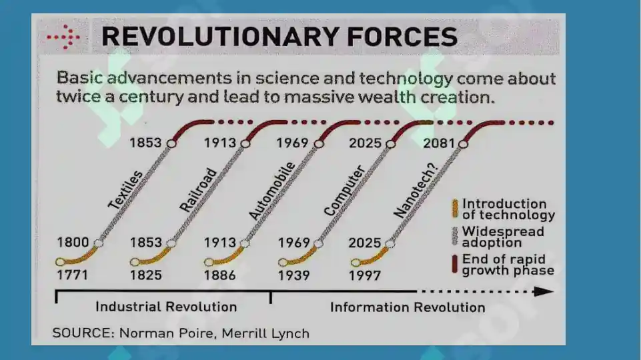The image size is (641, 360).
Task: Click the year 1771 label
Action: [72, 275]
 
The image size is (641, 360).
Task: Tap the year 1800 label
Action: [73, 242]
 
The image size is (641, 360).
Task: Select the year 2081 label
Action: [439, 143]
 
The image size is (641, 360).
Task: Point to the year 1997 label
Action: [365, 276]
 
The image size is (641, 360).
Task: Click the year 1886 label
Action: [220, 275]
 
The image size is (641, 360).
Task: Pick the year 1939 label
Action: [294, 276]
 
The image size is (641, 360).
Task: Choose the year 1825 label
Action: [146, 275]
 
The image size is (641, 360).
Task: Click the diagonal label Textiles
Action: [125, 190]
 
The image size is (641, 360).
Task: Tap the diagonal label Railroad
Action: [198, 190]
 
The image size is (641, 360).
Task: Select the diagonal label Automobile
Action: [272, 191]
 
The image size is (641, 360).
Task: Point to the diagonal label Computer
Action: [344, 191]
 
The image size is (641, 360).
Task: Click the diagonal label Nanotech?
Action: [416, 191]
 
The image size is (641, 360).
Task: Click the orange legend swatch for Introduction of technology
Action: [455, 209]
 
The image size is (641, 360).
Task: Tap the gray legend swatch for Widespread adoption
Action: [455, 236]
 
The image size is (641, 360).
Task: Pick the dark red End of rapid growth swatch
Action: [455, 264]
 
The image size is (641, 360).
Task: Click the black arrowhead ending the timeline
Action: [544, 291]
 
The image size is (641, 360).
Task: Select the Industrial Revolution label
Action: [166, 307]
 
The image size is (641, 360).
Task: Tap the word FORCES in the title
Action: [402, 37]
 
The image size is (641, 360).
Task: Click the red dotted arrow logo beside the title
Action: [64, 37]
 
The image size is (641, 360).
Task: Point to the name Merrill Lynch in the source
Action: [265, 333]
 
